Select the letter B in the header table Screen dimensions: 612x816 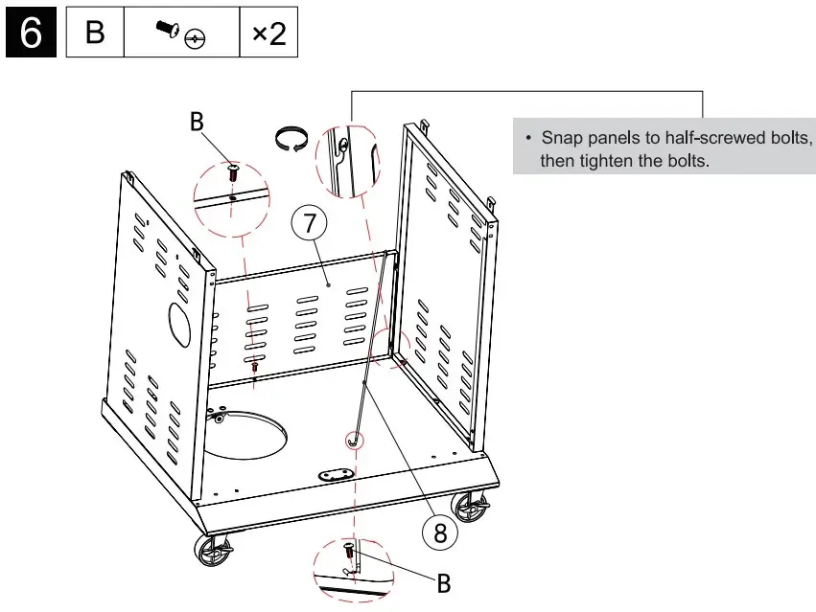95,34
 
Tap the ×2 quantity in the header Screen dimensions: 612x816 268,34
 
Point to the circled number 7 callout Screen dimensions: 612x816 309,225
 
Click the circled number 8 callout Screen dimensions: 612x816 440,533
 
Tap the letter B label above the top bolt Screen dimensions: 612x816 197,122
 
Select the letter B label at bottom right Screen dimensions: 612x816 444,581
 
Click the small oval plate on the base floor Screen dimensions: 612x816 337,474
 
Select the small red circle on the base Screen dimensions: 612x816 354,441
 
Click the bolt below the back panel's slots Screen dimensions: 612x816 255,367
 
